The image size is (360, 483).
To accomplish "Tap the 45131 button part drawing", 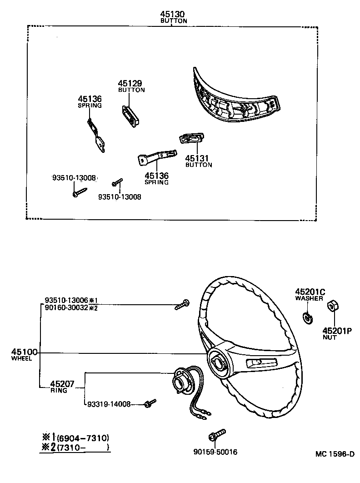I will coord(192,139).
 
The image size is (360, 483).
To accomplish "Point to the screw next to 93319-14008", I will coord(150,403).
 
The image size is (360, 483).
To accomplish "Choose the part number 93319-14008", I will coord(109,404).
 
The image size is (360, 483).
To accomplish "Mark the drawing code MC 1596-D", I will coord(335,454).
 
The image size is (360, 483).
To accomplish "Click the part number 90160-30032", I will coord(66,308).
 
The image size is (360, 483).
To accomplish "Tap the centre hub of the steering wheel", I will coord(218,363).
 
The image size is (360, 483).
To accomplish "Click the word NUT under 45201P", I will coord(330,337).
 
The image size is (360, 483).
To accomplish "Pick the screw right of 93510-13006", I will coord(182,304).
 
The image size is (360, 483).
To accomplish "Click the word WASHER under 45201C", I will coord(309,298).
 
